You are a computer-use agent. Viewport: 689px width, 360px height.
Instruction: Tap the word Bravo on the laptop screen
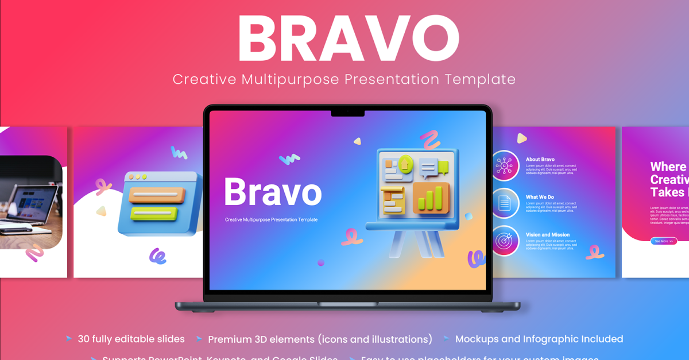coord(272,192)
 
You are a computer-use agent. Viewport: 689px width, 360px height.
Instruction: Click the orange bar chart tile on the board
coord(430,197)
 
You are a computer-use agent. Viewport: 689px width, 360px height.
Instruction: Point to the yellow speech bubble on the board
coord(443,167)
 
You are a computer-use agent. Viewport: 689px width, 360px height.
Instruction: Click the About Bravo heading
coord(540,159)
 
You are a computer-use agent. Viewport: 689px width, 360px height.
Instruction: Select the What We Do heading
coord(540,197)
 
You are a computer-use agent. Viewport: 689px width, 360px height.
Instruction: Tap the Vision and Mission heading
coord(547,235)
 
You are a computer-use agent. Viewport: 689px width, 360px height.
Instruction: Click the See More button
coord(664,241)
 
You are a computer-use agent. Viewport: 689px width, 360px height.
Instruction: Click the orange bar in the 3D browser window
coord(156,195)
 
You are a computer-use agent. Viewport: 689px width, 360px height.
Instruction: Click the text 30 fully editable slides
coord(131,339)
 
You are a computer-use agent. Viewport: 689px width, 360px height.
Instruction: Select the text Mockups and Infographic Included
coord(539,339)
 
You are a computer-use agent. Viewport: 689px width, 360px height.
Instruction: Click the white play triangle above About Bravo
coord(521,138)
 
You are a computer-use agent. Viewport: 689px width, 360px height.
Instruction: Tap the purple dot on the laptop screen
coord(321,262)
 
